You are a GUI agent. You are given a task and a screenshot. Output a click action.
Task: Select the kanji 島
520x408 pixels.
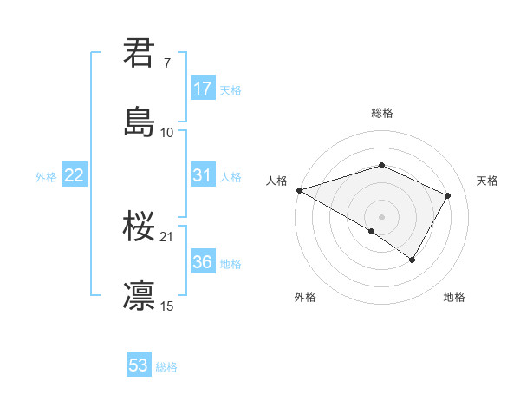tap(139, 121)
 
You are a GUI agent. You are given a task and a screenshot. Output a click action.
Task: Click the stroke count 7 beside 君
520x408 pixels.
tap(166, 63)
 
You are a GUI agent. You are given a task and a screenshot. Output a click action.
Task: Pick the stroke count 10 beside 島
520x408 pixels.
tap(167, 132)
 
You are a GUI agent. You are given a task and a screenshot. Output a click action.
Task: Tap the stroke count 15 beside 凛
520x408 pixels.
tap(167, 306)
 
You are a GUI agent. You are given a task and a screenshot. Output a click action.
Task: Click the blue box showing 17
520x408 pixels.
tap(202, 89)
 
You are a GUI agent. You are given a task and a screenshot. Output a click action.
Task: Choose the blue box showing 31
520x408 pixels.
tap(202, 175)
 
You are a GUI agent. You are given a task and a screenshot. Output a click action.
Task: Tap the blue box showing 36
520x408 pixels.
tap(202, 262)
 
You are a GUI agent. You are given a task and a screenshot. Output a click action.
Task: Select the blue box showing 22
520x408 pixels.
tap(74, 175)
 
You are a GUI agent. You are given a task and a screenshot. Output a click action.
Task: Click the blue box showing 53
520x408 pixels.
tap(139, 365)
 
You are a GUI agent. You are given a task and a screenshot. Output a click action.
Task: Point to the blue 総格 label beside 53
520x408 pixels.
tap(166, 367)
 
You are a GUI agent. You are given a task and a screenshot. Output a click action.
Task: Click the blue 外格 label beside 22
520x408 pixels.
tap(46, 176)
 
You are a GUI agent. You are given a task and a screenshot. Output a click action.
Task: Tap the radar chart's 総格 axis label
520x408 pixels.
tap(381, 113)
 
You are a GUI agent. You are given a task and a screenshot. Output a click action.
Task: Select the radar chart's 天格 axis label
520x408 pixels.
tap(487, 181)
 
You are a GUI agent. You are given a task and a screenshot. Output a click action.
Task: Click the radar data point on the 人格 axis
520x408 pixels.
tap(299, 189)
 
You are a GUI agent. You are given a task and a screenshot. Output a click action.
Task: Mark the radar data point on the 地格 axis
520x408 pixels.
tap(413, 259)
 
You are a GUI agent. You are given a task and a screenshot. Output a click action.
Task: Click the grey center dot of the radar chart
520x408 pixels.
tap(381, 216)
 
